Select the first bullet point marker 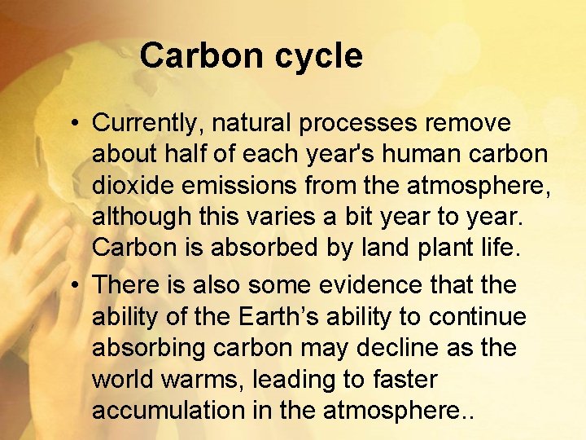click(x=74, y=124)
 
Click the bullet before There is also click(x=74, y=285)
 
